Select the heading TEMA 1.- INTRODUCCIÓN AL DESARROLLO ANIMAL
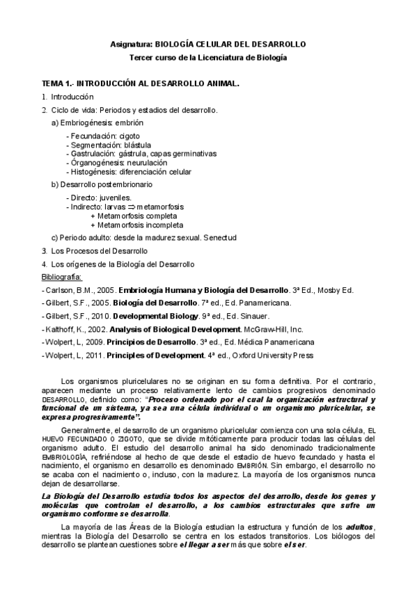point(140,83)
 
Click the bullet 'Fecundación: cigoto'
point(102,136)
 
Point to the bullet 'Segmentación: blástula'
point(107,145)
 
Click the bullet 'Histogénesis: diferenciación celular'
point(129,172)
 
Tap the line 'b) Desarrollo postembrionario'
point(102,185)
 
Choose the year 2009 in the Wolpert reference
point(95,342)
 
